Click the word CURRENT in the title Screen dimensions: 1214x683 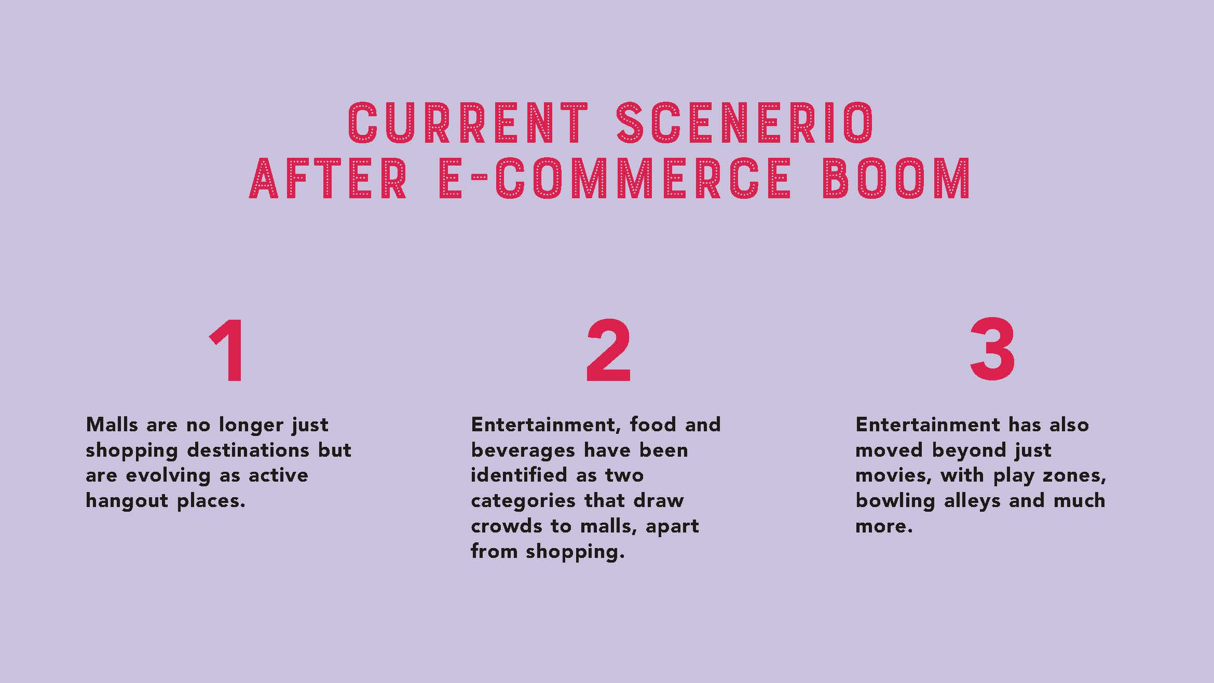tap(468, 123)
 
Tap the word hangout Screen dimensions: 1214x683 tap(127, 501)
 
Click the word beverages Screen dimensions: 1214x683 tap(523, 450)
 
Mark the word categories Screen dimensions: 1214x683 tap(523, 501)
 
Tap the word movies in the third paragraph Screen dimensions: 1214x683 tap(893, 476)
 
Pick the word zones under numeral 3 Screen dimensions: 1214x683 tap(1074, 476)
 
